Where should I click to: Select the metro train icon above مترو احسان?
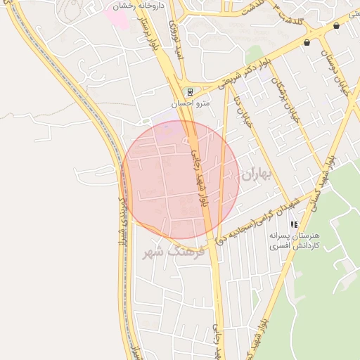[x=189, y=91]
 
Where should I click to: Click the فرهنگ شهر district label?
[x=172, y=252]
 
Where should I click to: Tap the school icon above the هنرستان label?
[x=294, y=224]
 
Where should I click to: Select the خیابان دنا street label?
[x=242, y=110]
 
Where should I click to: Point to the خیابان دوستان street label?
[x=335, y=70]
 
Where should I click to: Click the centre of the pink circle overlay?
[x=181, y=179]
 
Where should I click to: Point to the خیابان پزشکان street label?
[x=288, y=98]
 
